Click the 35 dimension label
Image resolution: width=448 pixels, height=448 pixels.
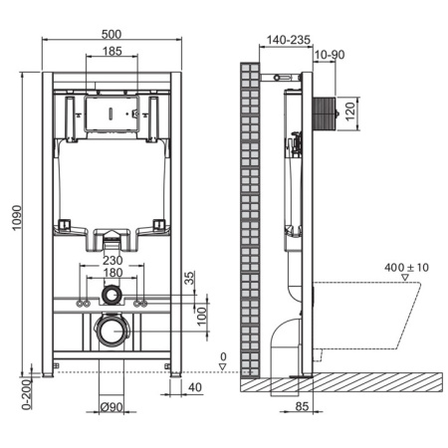[190, 280]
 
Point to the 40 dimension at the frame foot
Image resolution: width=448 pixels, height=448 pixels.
[196, 387]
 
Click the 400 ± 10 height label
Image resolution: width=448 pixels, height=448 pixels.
[406, 269]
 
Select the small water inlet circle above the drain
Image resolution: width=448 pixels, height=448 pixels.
[112, 296]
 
